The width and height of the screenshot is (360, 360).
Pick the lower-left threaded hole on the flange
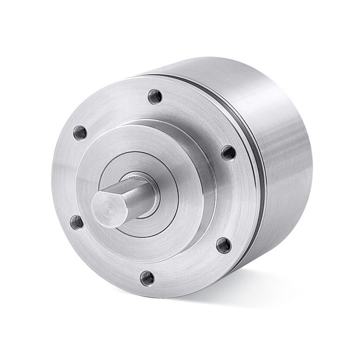(76, 222)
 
